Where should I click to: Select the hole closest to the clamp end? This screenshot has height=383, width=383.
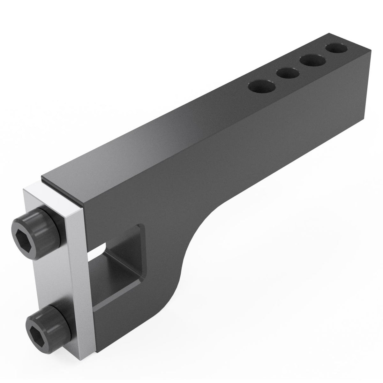[262, 86]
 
